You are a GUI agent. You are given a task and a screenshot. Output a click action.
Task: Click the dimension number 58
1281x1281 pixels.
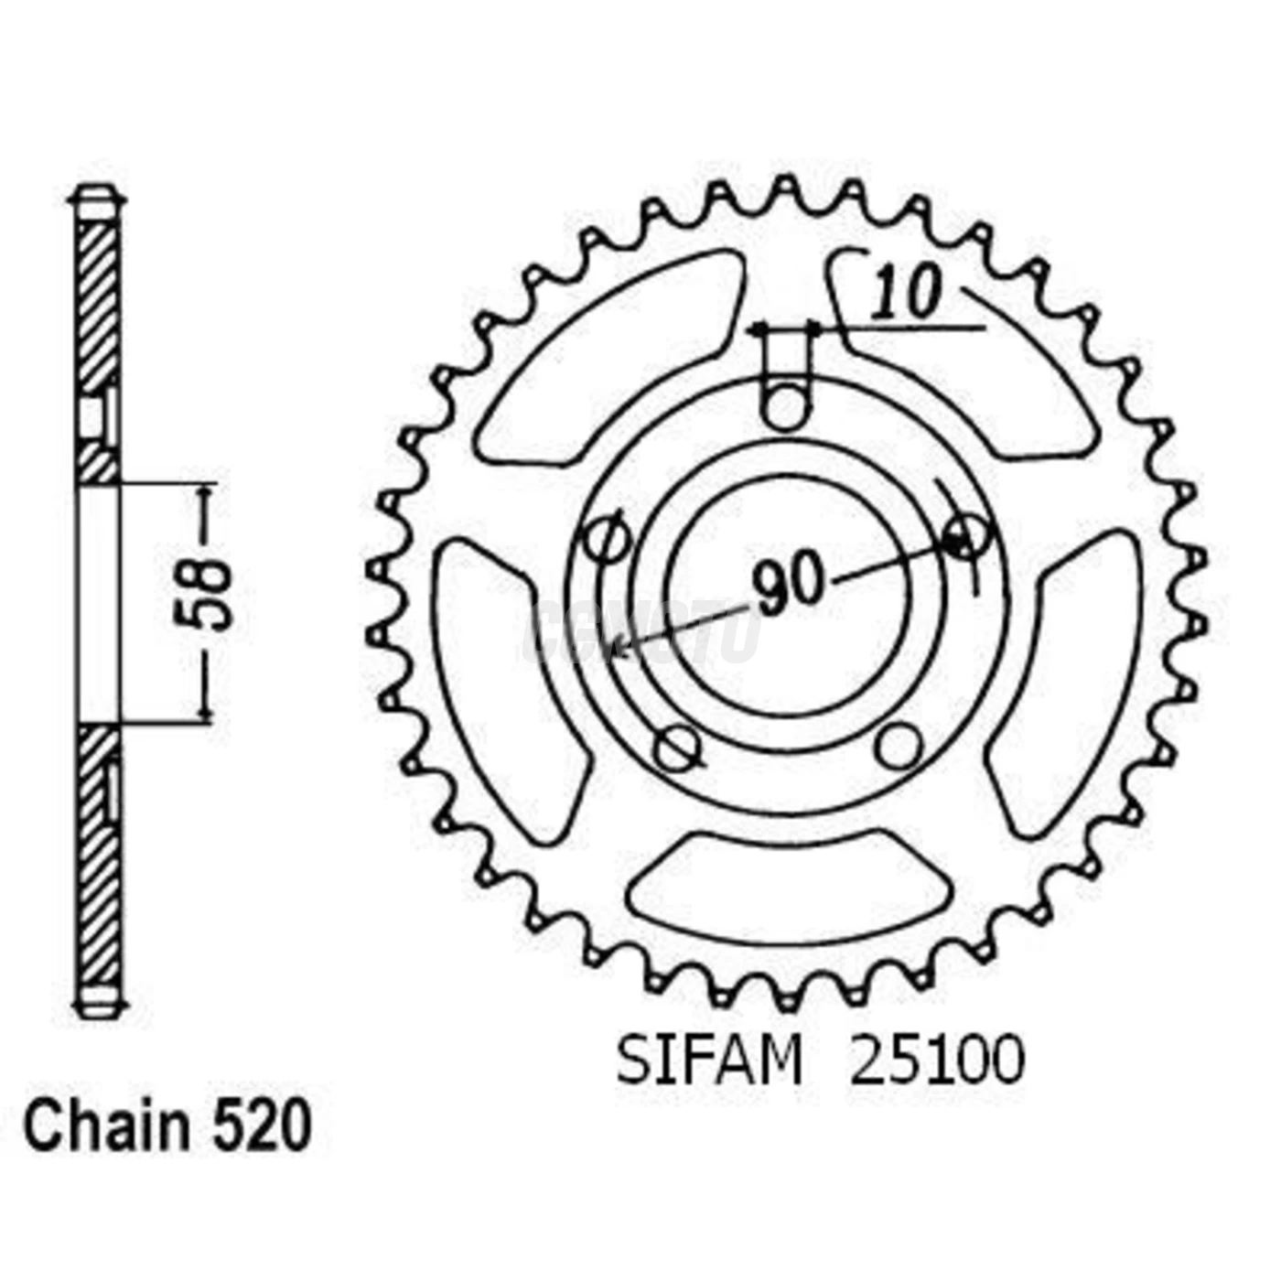(204, 594)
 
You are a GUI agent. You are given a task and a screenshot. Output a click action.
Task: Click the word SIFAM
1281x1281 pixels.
(709, 1062)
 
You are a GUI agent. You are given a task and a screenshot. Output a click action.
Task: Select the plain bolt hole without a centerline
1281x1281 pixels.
(897, 746)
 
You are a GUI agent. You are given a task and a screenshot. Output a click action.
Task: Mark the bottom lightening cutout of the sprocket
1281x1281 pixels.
(789, 886)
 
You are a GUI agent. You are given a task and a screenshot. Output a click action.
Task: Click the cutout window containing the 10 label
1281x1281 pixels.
(961, 357)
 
